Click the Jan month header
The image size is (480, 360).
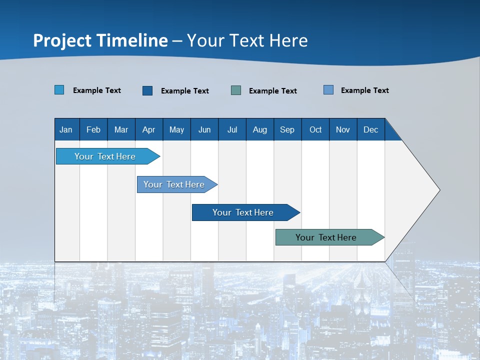click(66, 129)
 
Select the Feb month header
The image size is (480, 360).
click(93, 129)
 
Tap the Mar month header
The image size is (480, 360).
click(121, 129)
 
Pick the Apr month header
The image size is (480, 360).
click(149, 129)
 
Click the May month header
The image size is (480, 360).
click(176, 129)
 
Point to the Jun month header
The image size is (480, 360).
click(204, 129)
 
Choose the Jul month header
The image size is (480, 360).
click(232, 129)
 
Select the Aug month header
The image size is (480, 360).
click(260, 129)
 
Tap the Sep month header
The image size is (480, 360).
click(287, 129)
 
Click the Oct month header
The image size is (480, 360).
click(315, 129)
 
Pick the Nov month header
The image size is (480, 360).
click(343, 129)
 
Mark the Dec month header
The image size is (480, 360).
click(371, 129)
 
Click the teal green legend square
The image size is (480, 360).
click(236, 90)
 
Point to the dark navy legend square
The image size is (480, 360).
click(147, 90)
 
